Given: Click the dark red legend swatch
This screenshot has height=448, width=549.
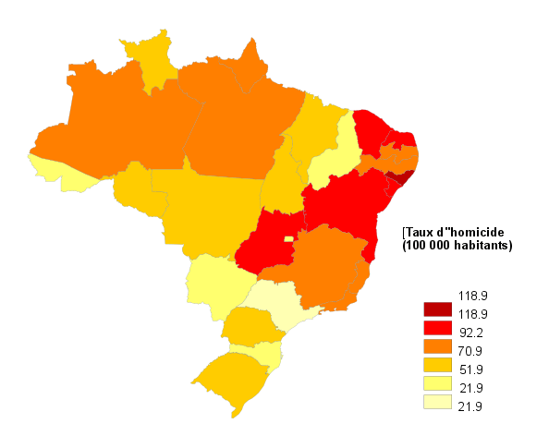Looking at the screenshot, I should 435,309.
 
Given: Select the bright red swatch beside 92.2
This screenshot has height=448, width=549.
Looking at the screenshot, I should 435,327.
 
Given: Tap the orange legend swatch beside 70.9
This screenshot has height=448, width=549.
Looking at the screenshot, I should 435,347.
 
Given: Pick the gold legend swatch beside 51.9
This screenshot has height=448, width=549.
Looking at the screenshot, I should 435,366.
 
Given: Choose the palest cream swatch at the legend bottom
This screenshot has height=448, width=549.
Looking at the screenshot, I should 435,403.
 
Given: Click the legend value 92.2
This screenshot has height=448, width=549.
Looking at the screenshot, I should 471,333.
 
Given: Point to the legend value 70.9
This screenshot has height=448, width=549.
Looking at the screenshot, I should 471,351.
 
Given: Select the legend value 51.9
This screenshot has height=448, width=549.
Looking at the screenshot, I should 471,369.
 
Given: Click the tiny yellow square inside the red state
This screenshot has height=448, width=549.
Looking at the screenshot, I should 288,238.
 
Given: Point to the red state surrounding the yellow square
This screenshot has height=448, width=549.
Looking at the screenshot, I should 268,242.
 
